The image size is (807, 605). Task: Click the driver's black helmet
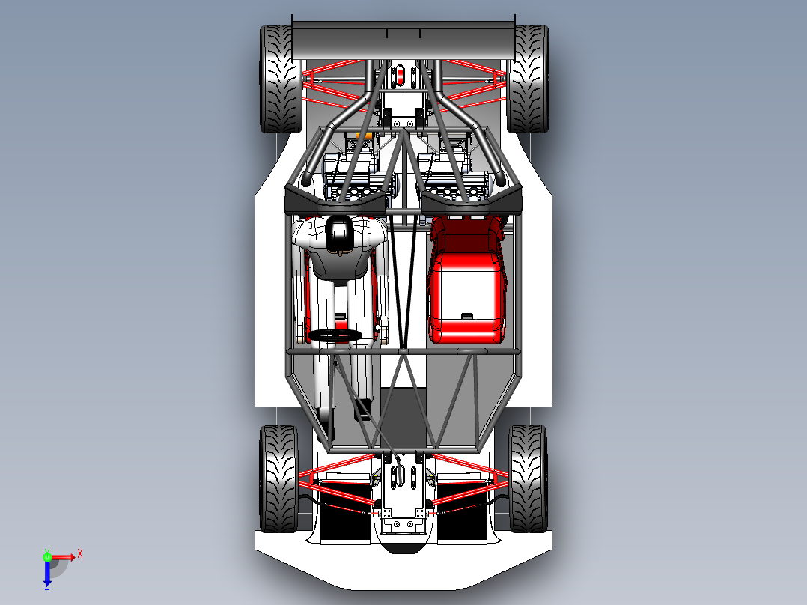[x=339, y=234]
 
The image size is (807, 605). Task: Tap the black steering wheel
[x=335, y=335]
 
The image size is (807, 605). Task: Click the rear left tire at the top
[x=281, y=79]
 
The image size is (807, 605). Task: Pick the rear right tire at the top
[x=528, y=79]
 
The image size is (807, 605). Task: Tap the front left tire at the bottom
[x=279, y=479]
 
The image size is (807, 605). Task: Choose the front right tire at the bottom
[x=528, y=479]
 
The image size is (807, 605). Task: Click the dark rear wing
[x=403, y=40]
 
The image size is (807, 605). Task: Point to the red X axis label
[x=80, y=554]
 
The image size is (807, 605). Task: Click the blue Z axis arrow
[x=47, y=572]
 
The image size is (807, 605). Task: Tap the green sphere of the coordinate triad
[x=47, y=557]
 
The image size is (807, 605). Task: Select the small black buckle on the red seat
[x=467, y=316]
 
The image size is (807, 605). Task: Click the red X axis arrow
[x=63, y=557]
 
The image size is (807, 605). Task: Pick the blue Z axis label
[x=47, y=586]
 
